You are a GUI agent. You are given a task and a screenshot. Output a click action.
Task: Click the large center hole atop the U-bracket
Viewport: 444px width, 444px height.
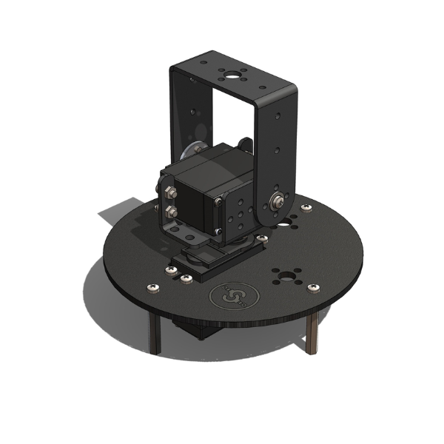pyautogui.click(x=235, y=75)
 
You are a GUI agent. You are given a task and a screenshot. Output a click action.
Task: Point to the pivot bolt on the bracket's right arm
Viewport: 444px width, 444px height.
pyautogui.click(x=279, y=199)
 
